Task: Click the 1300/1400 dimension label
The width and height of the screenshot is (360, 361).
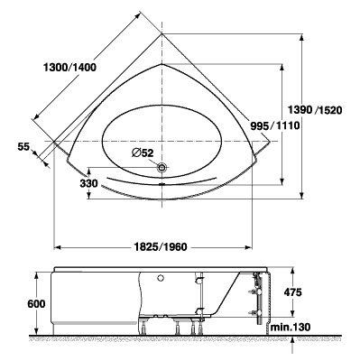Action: [69, 68]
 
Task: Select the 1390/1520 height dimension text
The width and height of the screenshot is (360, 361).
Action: [315, 110]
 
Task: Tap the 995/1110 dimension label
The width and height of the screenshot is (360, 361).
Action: [275, 125]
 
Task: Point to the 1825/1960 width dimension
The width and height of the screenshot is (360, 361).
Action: [160, 247]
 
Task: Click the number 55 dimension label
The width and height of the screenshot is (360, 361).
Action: [23, 147]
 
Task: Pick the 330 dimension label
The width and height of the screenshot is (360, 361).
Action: [88, 183]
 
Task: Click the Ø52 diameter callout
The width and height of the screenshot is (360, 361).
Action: [143, 153]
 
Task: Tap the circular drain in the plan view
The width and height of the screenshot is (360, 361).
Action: [162, 168]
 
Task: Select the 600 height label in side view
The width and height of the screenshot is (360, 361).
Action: [36, 303]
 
